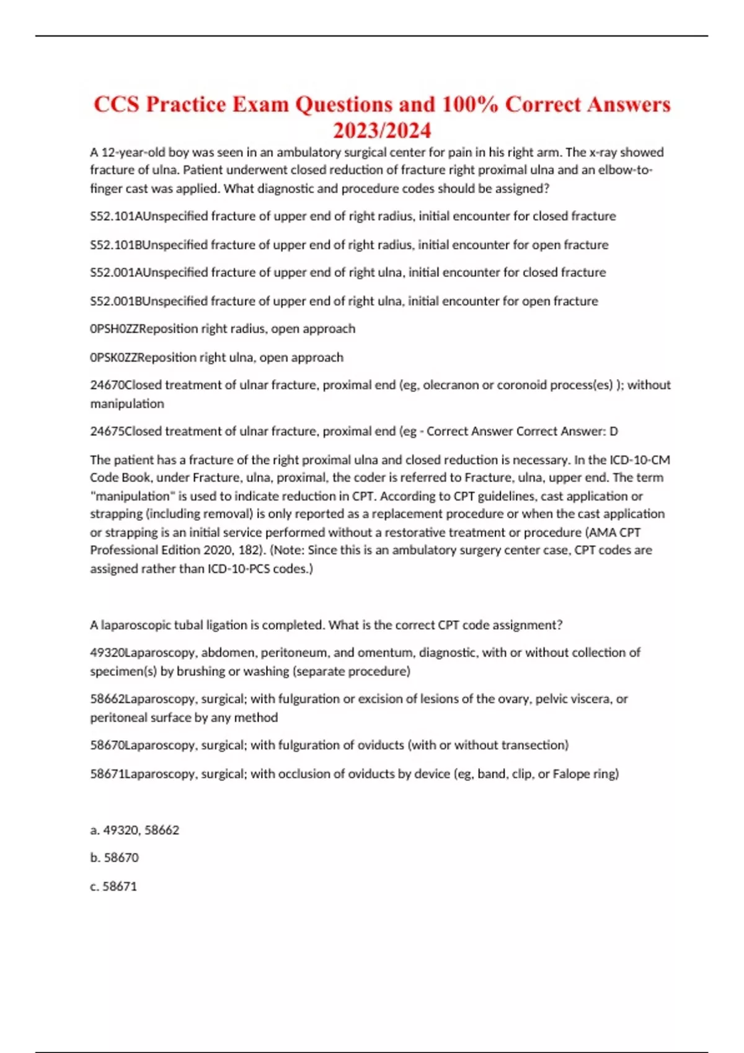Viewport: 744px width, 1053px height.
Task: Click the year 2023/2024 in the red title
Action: (x=382, y=131)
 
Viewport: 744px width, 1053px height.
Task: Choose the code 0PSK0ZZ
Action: (x=114, y=357)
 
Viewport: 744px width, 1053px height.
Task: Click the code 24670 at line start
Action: (x=107, y=385)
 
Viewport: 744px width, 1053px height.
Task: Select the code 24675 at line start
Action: (x=107, y=431)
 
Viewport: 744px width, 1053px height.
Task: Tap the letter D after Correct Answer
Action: (x=613, y=431)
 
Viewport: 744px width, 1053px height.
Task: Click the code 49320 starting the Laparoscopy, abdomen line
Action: (x=107, y=652)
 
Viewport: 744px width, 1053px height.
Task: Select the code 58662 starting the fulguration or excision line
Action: (x=107, y=699)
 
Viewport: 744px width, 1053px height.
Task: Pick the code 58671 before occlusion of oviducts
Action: (x=107, y=774)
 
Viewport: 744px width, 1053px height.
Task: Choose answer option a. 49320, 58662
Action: (x=135, y=830)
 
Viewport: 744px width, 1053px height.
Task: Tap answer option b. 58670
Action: (x=115, y=858)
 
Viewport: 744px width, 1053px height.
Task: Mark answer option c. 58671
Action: (x=113, y=886)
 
